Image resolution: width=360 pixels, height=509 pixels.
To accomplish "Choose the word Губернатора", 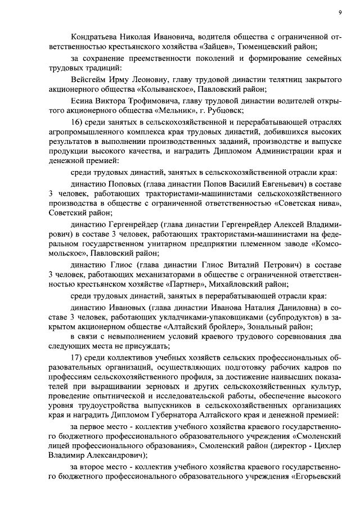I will (x=196, y=415).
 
